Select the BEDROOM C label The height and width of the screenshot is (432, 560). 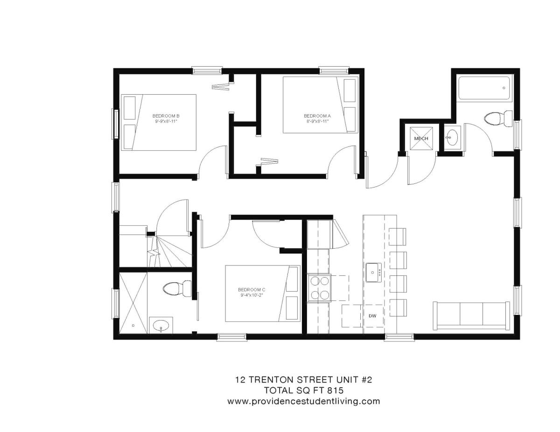(x=252, y=289)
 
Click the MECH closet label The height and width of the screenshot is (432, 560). (x=421, y=139)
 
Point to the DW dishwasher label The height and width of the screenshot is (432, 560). (x=372, y=316)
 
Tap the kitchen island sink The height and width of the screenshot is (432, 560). (x=373, y=272)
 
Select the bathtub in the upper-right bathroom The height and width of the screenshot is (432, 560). (x=485, y=88)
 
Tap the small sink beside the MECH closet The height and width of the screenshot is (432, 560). (x=452, y=137)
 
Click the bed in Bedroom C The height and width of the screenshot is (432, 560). (x=262, y=293)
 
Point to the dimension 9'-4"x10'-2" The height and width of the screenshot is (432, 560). (x=252, y=295)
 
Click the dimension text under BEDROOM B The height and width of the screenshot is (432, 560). (x=167, y=121)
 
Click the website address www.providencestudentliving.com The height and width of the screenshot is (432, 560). (x=303, y=401)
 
